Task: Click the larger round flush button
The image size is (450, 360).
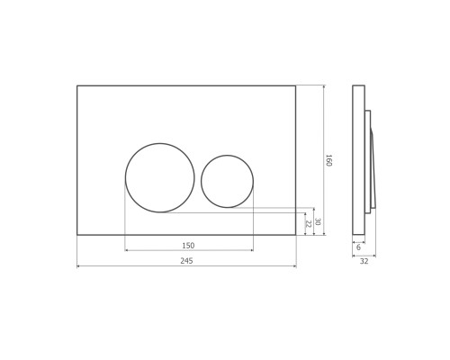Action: [x=159, y=177]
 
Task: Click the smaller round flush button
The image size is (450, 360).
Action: [x=227, y=181]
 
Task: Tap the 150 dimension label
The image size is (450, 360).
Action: [x=188, y=245]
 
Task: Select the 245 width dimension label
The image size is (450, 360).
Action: [x=186, y=260]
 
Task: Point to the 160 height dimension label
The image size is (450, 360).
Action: [x=328, y=160]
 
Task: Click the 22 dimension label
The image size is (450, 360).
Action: [x=308, y=223]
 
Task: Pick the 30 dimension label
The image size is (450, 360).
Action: [x=318, y=221]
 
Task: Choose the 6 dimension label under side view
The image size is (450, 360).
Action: [x=358, y=246]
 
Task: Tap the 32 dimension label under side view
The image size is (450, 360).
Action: [x=364, y=261]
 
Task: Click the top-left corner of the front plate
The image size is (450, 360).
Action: [x=77, y=85]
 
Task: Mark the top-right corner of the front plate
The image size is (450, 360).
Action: [x=295, y=85]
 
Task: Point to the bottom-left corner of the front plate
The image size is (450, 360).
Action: [x=77, y=235]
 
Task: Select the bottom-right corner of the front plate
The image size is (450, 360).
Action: [x=295, y=235]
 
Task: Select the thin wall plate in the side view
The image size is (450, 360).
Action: [x=358, y=160]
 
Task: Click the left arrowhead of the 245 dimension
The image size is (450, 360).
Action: [x=79, y=265]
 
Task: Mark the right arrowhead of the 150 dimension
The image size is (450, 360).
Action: [x=251, y=250]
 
